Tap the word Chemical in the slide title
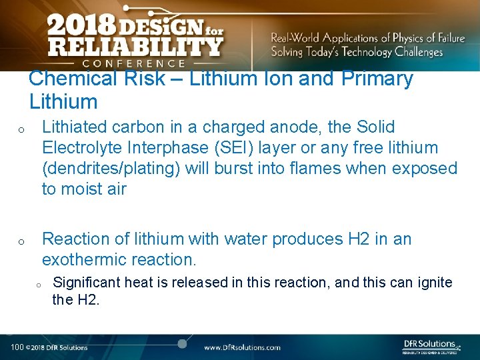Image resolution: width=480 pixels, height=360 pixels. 73,79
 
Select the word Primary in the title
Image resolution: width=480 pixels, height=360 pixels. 377,79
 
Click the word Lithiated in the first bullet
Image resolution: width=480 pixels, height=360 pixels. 72,127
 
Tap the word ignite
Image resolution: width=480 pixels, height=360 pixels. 435,283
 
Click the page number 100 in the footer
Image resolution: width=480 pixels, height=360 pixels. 17,347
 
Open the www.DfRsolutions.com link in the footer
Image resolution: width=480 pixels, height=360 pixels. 242,347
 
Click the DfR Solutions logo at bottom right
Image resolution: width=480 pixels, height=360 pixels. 431,346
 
